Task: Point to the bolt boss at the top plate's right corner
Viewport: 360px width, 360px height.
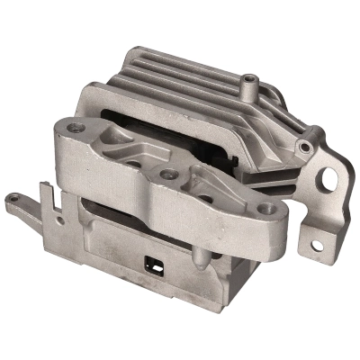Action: click(307, 147)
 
